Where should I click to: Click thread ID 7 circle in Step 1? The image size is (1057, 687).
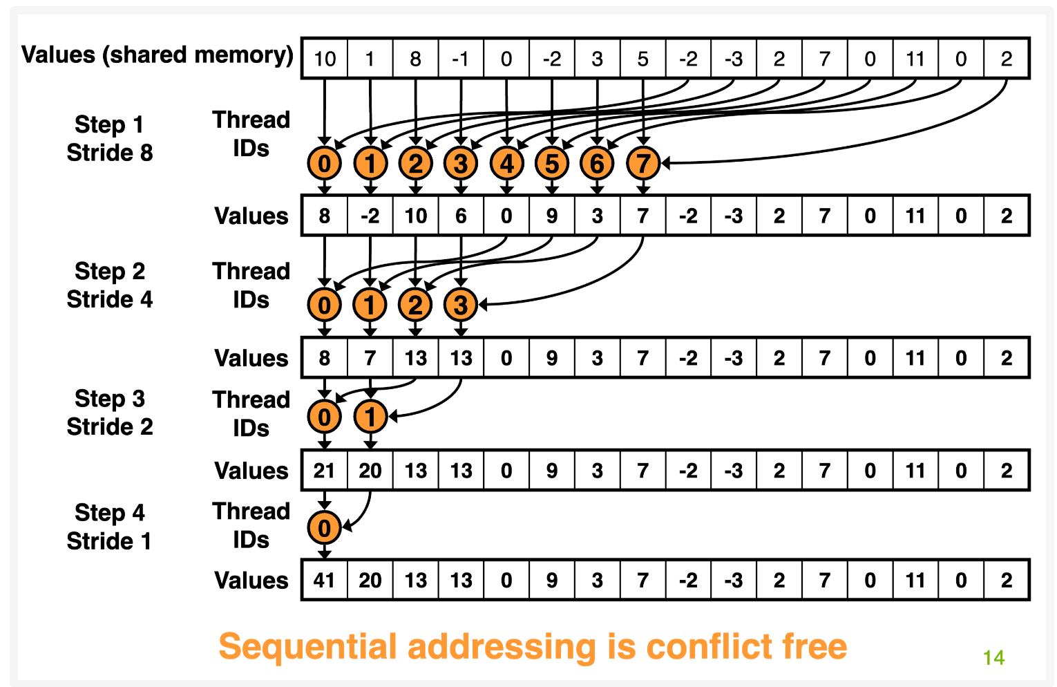click(643, 164)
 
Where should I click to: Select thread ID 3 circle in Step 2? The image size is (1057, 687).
click(461, 305)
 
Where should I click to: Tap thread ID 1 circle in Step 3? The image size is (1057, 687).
click(370, 417)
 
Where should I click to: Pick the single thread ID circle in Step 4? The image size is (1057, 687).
click(324, 528)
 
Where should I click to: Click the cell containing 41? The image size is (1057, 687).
click(324, 580)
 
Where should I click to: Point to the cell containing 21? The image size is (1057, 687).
click(324, 471)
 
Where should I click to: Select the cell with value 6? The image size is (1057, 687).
click(461, 216)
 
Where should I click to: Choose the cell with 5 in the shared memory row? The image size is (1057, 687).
click(643, 59)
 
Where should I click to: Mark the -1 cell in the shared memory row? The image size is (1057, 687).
click(461, 59)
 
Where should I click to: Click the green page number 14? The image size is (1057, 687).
click(993, 657)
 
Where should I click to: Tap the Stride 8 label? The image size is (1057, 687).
click(110, 153)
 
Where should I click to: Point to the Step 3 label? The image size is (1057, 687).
click(110, 399)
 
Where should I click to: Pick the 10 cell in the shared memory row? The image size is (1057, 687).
click(325, 59)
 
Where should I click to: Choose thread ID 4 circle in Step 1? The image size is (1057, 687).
click(507, 164)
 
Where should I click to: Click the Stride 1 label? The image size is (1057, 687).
click(109, 541)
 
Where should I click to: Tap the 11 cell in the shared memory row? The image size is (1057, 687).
click(915, 59)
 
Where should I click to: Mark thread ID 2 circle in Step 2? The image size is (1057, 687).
click(415, 305)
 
